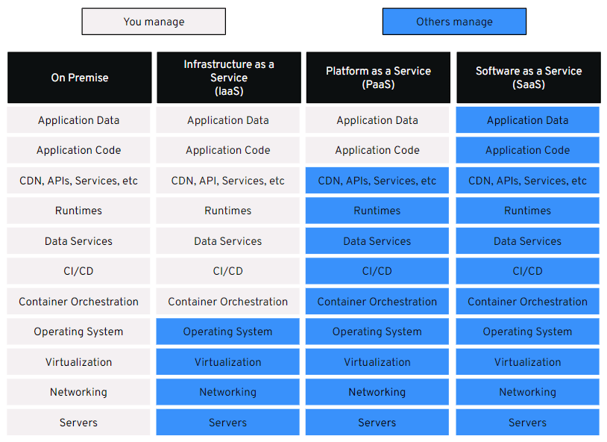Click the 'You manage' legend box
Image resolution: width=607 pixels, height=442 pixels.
click(154, 22)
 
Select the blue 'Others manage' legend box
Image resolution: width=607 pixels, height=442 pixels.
click(454, 22)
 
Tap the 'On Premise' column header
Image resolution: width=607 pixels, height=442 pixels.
click(79, 78)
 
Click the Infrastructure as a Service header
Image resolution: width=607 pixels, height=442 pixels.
click(229, 78)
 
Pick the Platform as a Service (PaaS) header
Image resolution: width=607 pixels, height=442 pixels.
click(378, 78)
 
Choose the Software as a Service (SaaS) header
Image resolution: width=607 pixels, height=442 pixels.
click(529, 78)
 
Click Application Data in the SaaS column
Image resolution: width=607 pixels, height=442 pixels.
click(528, 120)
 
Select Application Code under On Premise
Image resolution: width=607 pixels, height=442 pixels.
click(78, 150)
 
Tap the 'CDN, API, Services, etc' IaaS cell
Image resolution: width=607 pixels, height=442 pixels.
click(228, 180)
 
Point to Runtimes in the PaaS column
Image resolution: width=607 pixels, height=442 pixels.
click(377, 211)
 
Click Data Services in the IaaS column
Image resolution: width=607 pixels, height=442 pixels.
click(228, 240)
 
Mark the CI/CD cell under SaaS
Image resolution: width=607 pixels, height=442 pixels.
click(528, 271)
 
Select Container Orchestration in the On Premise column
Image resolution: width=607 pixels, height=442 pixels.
click(78, 301)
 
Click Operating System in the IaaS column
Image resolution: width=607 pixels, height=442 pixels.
click(228, 331)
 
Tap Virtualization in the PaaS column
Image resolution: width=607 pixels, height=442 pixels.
click(377, 362)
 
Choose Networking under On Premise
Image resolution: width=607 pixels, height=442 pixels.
click(78, 392)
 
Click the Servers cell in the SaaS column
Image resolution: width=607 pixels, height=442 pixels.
click(528, 423)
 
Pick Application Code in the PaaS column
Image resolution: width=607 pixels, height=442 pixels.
click(377, 150)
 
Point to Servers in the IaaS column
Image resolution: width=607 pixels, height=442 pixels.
click(228, 423)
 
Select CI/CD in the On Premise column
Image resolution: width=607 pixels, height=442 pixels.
click(78, 271)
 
